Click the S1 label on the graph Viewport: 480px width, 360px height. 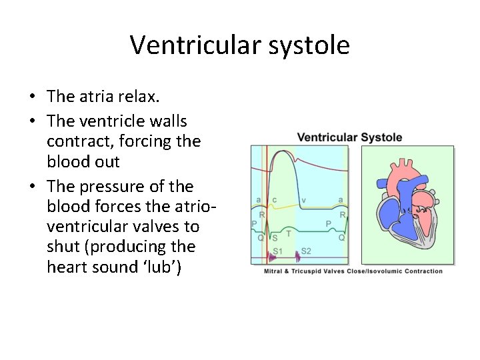(278, 251)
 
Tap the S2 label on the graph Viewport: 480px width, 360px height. (306, 251)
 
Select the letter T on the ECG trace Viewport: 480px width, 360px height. (288, 233)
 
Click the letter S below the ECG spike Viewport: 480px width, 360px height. (275, 237)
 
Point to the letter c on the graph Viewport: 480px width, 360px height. (274, 199)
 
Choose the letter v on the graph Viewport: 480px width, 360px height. (304, 199)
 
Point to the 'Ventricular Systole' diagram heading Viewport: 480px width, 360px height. (349, 137)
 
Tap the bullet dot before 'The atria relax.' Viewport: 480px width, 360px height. (32, 97)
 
